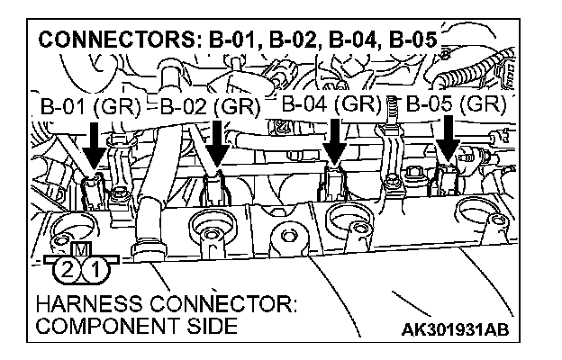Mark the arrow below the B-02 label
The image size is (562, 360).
click(216, 143)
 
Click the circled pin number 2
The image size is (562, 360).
click(65, 267)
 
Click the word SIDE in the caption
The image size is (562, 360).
click(213, 325)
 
